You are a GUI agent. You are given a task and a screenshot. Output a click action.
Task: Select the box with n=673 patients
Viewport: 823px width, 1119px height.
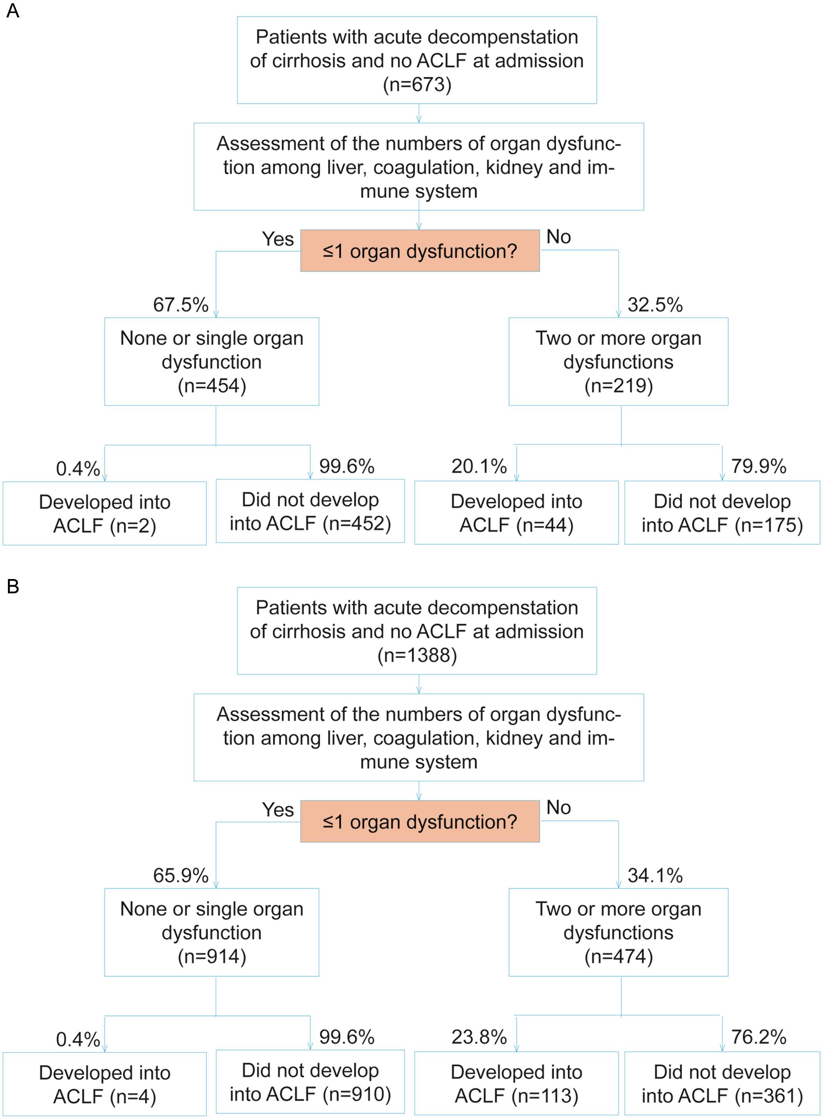pos(416,60)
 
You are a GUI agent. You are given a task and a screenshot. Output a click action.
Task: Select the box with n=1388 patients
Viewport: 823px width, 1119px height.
pos(416,631)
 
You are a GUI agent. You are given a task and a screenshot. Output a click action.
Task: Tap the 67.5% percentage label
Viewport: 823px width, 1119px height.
pos(181,305)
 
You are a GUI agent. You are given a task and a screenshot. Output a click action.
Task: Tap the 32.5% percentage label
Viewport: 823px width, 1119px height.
pos(655,305)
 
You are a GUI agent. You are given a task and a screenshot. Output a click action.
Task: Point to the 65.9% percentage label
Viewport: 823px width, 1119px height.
pos(181,875)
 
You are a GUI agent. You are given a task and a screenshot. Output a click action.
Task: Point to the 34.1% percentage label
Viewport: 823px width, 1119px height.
pos(655,875)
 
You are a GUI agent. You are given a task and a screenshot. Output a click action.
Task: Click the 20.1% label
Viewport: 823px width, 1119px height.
pos(479,466)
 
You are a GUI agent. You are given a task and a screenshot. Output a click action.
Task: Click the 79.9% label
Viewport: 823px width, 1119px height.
pos(758,466)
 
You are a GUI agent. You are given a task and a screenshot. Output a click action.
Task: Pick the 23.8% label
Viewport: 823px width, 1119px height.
pos(479,1037)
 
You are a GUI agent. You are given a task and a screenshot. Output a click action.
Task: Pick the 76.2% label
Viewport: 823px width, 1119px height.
pos(758,1037)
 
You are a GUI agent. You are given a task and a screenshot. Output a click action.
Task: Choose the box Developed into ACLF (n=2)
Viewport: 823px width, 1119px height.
pos(105,514)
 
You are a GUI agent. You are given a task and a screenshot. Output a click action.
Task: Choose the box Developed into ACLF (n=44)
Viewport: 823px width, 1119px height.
pos(516,513)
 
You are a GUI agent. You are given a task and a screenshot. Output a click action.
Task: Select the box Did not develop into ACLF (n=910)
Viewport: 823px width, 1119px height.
pos(310,1082)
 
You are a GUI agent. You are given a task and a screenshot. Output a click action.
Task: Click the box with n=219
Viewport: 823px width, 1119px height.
pos(618,362)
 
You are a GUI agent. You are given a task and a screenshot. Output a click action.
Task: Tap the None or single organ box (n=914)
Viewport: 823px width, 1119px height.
pos(212,932)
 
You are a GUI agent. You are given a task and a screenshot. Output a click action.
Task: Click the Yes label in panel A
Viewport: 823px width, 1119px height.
pos(278,239)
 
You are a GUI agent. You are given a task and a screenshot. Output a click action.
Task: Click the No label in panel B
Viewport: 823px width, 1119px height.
pos(559,808)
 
